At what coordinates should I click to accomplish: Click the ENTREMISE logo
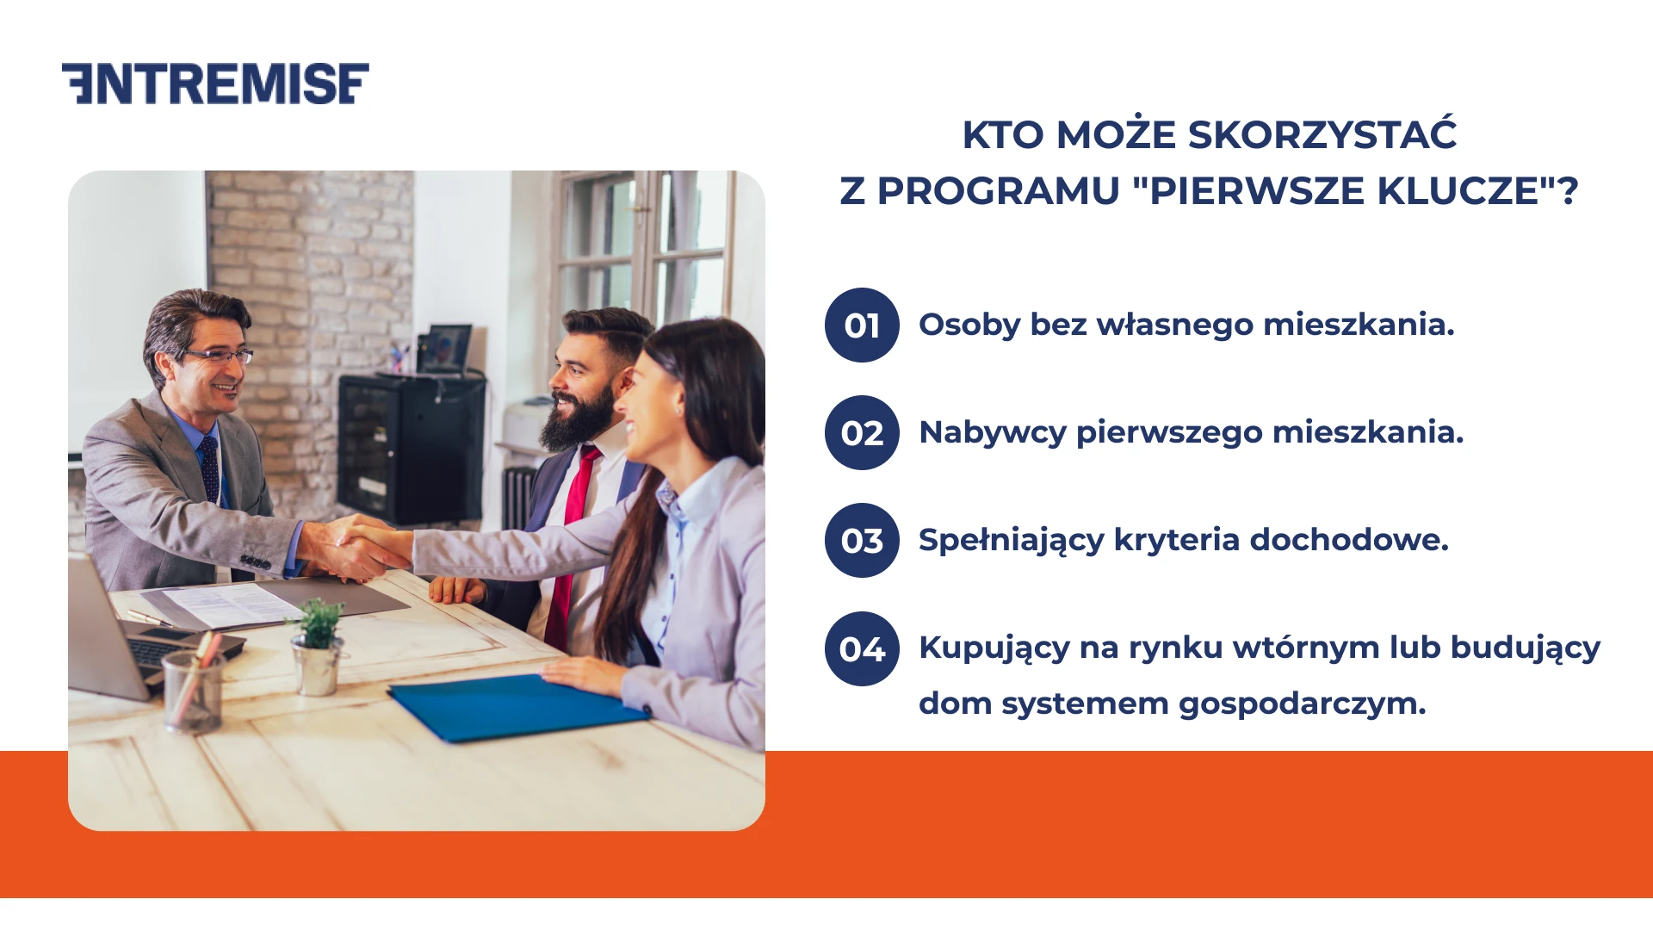(215, 84)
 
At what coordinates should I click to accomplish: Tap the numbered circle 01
(862, 325)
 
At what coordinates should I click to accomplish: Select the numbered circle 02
(862, 433)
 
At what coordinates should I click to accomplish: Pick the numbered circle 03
(862, 541)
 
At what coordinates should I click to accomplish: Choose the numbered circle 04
(862, 648)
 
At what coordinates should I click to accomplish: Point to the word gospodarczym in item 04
(1302, 704)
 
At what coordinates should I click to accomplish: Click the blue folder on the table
(517, 706)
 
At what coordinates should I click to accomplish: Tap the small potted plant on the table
(319, 646)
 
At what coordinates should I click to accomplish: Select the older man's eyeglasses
(220, 356)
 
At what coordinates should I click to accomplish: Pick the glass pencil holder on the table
(193, 689)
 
